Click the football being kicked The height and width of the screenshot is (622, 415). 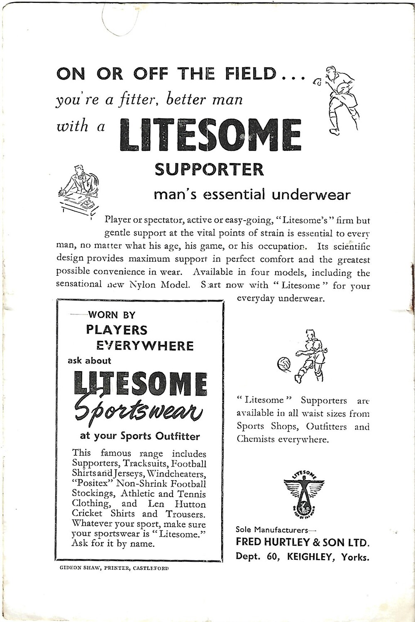click(284, 364)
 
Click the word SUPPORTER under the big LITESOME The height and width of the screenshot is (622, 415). click(209, 169)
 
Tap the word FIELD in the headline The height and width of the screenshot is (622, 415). click(251, 74)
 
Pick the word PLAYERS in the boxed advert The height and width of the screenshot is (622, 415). click(117, 330)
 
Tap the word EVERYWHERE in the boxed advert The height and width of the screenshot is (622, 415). click(145, 346)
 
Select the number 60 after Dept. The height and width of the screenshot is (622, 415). click(272, 557)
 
